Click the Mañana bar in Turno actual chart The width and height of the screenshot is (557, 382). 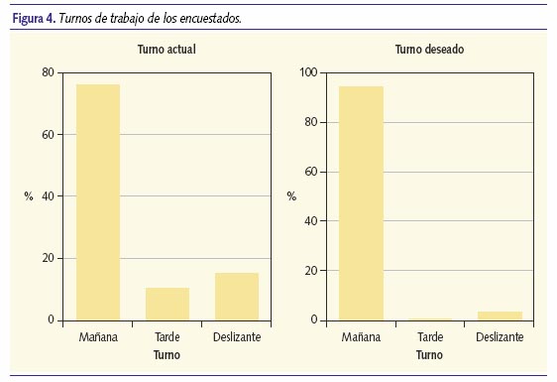98,202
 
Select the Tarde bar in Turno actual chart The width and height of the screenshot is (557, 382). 167,304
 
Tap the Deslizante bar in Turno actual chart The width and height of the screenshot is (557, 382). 236,297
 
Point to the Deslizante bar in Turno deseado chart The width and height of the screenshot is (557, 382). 499,316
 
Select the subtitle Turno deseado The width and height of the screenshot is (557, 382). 429,49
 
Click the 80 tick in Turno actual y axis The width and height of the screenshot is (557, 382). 48,72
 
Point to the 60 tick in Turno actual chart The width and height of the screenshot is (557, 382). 48,135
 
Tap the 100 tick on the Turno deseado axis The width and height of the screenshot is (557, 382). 307,72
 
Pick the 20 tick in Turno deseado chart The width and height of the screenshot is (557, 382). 310,271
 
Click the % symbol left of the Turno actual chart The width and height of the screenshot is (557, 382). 29,196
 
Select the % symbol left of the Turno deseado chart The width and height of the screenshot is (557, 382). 291,196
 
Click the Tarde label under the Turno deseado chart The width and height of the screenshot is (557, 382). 429,338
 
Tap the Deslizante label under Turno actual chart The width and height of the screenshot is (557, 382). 236,338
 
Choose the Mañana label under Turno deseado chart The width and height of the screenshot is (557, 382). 361,338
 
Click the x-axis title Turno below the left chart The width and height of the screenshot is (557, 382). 167,354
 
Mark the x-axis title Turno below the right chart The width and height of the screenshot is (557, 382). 429,354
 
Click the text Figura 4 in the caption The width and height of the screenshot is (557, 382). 32,18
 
